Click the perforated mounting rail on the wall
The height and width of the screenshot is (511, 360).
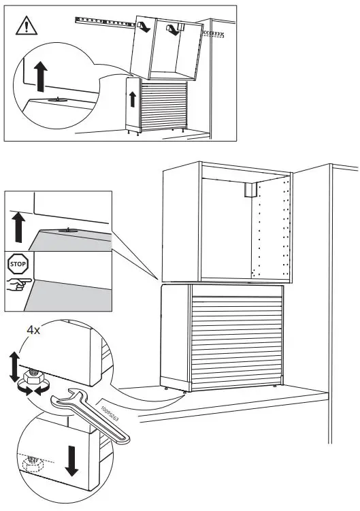pyautogui.click(x=102, y=22)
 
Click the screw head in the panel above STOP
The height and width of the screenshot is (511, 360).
pyautogui.click(x=68, y=231)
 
